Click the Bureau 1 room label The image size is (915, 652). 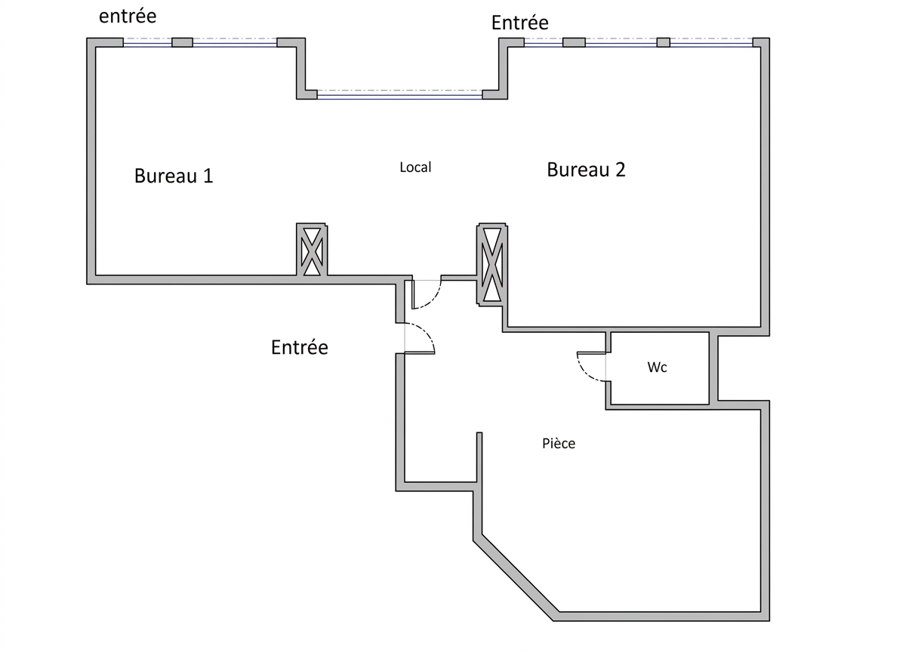point(174,176)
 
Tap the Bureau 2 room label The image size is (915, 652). point(586,170)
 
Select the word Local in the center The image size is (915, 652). point(415,167)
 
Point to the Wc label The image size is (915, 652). point(658,367)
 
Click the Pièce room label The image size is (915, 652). point(559,443)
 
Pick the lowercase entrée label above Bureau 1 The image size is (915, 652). point(128,17)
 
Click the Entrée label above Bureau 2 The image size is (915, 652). point(519,23)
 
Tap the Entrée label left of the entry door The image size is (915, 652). point(300,347)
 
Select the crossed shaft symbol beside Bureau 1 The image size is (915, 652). point(312,250)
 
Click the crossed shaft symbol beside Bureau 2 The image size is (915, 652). point(491,264)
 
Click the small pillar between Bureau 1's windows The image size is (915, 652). point(182,42)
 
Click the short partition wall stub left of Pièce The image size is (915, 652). point(479,457)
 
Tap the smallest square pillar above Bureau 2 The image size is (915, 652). point(664,42)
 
